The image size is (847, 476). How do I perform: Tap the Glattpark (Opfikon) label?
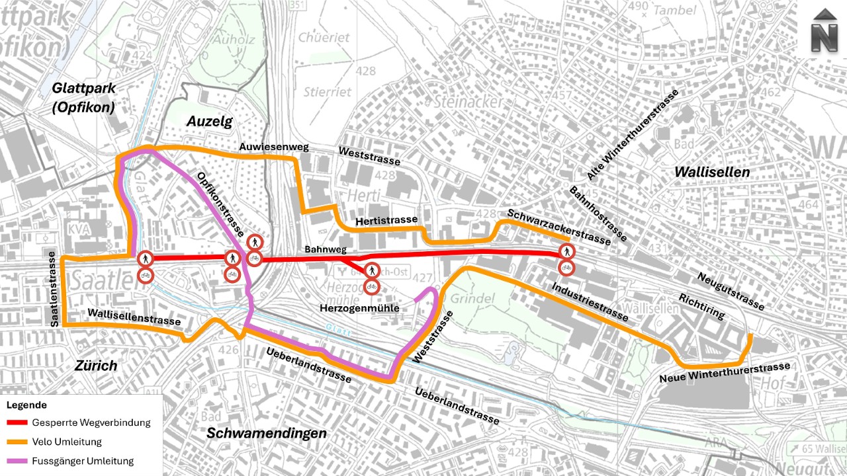[84, 97]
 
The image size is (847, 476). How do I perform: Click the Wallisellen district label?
[712, 172]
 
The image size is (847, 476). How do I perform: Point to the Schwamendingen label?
[267, 433]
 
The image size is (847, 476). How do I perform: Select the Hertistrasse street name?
[386, 219]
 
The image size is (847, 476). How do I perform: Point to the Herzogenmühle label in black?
[359, 308]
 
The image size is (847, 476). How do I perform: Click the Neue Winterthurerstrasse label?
[725, 373]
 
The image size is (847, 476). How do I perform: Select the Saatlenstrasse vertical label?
[54, 292]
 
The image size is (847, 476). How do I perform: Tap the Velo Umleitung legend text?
[66, 442]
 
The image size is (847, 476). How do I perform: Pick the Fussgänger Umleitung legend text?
[82, 461]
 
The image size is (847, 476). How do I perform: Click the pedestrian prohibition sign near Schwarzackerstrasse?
[566, 251]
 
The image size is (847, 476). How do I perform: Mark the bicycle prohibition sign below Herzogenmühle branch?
[372, 286]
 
